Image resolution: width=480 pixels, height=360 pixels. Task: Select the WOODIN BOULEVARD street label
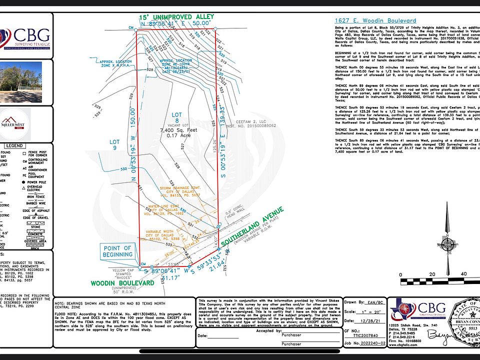pyautogui.click(x=122, y=283)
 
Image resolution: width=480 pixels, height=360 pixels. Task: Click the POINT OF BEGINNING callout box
pyautogui.click(x=117, y=251)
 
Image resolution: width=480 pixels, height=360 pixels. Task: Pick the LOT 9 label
pyautogui.click(x=114, y=145)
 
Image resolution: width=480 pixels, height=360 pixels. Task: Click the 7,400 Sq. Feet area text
pyautogui.click(x=172, y=130)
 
